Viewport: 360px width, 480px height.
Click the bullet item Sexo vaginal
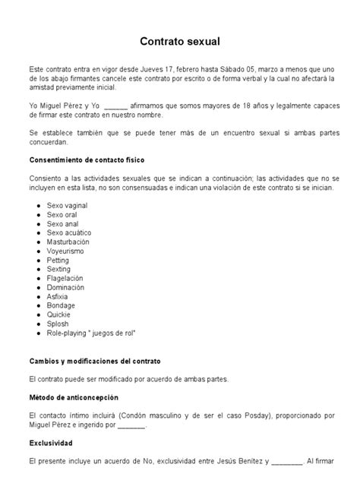(66, 206)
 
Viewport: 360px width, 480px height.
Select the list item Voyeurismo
(65, 251)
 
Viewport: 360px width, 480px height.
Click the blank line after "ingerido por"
(132, 425)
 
